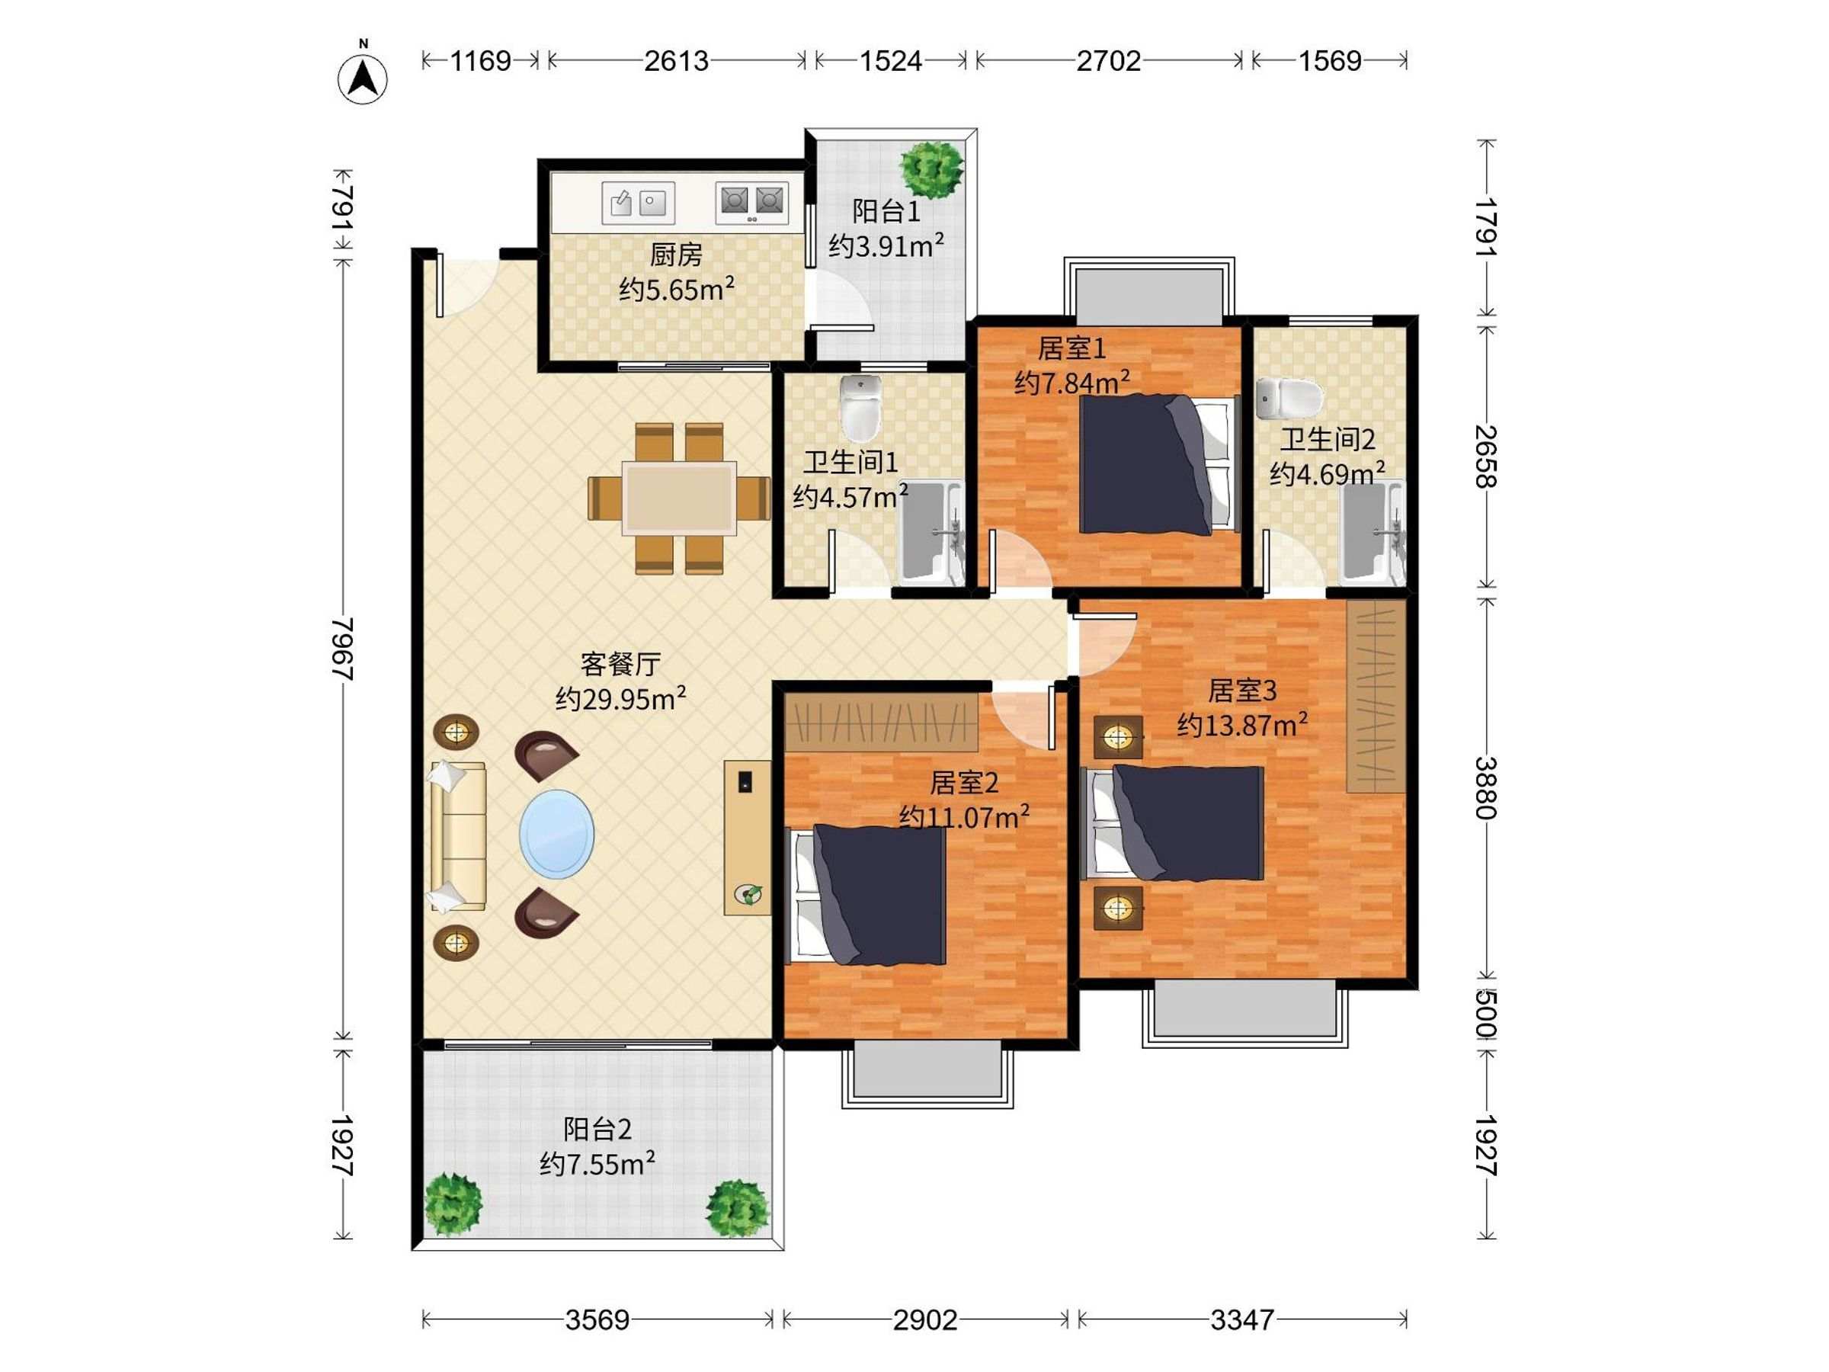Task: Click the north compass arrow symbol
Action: pos(362,78)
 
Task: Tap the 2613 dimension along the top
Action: pos(677,61)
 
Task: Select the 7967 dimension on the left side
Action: pos(342,649)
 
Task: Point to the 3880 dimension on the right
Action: pos(1486,787)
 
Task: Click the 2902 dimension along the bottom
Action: pos(925,1320)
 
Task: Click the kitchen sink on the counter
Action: pos(638,203)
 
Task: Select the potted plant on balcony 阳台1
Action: pos(932,169)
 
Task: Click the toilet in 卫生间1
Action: pos(860,409)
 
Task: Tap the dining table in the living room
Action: pos(680,498)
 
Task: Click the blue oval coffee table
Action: pos(556,834)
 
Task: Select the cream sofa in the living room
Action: pos(457,837)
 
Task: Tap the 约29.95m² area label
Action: pos(620,700)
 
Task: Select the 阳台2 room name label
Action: pos(597,1129)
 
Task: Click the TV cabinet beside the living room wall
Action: pos(748,838)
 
